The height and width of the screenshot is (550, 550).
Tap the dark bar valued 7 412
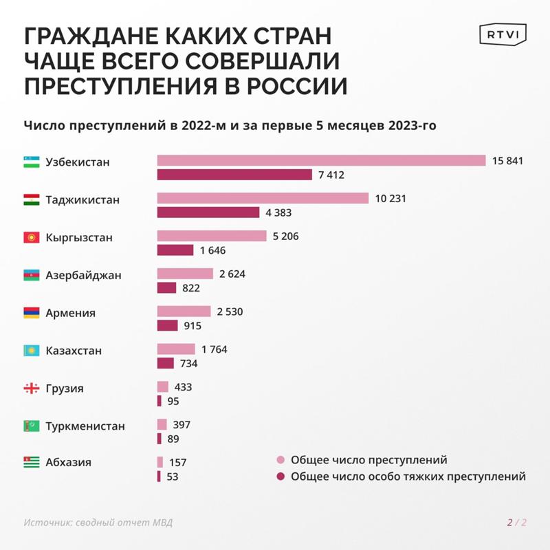(234, 175)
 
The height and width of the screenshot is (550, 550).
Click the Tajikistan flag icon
(31, 200)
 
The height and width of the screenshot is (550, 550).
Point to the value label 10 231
(391, 199)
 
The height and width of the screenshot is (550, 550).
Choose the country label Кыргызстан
(79, 238)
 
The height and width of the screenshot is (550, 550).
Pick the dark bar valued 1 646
(175, 250)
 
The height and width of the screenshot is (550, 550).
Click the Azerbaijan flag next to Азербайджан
(31, 275)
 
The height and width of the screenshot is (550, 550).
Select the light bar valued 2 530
(184, 311)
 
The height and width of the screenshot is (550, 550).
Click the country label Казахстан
(74, 351)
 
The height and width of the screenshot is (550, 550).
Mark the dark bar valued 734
(166, 363)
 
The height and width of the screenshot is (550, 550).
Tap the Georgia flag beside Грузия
(31, 388)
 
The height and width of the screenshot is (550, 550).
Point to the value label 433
(183, 387)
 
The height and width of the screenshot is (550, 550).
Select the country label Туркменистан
(85, 426)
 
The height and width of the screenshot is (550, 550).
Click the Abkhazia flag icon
(31, 463)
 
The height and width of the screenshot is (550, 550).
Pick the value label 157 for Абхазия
(177, 463)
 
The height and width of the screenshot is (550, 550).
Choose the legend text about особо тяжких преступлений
(408, 476)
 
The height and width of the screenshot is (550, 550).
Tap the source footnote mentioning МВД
(98, 522)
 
